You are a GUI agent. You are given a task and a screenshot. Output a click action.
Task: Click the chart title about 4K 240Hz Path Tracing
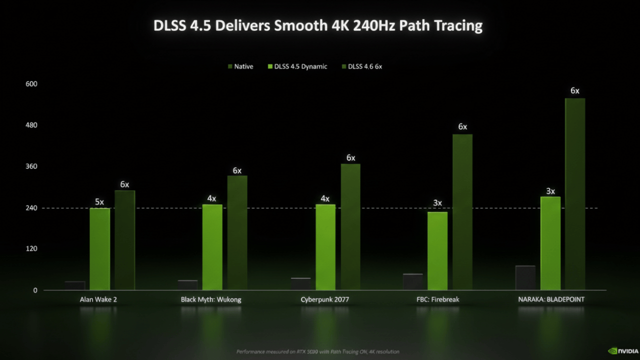tap(318, 26)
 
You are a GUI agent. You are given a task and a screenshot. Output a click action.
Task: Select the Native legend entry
tap(240, 66)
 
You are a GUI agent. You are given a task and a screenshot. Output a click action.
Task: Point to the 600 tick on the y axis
tap(31, 84)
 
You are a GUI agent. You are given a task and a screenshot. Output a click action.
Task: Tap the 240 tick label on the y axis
tap(31, 207)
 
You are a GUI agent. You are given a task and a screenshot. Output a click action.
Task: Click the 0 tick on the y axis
tap(35, 290)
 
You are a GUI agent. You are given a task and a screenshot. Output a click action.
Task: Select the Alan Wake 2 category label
tap(98, 299)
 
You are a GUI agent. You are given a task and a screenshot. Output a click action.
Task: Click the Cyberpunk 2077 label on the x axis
tap(324, 299)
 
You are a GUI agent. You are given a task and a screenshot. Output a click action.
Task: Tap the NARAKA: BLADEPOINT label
tap(551, 299)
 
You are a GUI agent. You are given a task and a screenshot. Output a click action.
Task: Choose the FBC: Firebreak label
tap(438, 299)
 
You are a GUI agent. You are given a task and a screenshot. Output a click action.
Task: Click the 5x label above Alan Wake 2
tap(99, 202)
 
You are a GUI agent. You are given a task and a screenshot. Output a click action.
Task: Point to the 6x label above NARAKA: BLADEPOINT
tap(575, 91)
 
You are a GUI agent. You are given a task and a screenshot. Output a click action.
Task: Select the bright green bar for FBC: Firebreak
tap(437, 251)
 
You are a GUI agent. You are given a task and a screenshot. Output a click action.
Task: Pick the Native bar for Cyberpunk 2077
tap(301, 284)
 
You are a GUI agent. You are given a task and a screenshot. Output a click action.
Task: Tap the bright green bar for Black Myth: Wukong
tap(212, 247)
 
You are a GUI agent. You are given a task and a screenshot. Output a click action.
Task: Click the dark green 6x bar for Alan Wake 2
tap(124, 240)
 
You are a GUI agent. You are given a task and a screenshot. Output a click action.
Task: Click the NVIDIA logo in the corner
tap(622, 350)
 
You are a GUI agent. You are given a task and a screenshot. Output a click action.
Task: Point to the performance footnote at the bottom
tap(317, 351)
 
